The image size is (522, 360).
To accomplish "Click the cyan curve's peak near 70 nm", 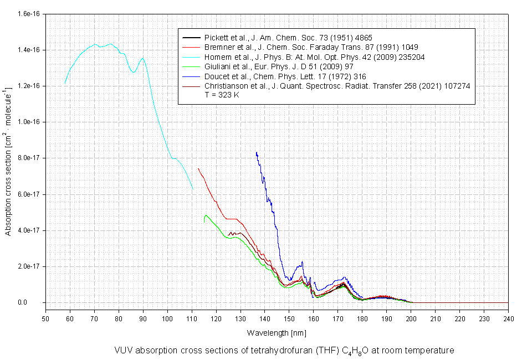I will (x=95, y=44).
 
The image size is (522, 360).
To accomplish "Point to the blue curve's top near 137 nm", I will (x=257, y=152).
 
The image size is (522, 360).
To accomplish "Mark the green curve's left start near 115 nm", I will (x=204, y=222).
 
